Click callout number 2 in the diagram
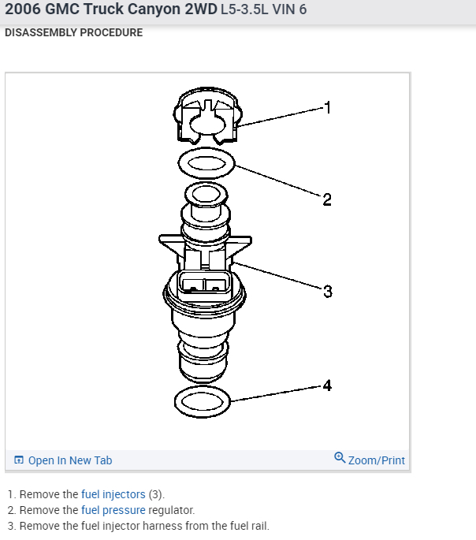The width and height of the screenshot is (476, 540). (x=326, y=199)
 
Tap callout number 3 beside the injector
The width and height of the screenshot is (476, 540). (x=328, y=292)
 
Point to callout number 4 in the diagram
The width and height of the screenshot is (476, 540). (x=327, y=385)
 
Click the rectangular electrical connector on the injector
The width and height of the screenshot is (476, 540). (x=204, y=287)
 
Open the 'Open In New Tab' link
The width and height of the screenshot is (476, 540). (x=70, y=460)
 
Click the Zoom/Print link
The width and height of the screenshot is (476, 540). (x=377, y=460)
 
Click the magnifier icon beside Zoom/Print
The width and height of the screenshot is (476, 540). (x=340, y=458)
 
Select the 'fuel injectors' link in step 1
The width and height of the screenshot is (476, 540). (x=113, y=494)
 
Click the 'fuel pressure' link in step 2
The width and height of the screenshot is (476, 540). (x=113, y=510)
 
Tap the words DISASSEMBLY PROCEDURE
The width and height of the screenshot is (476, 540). (x=74, y=33)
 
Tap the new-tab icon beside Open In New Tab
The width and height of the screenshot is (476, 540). (x=19, y=460)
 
